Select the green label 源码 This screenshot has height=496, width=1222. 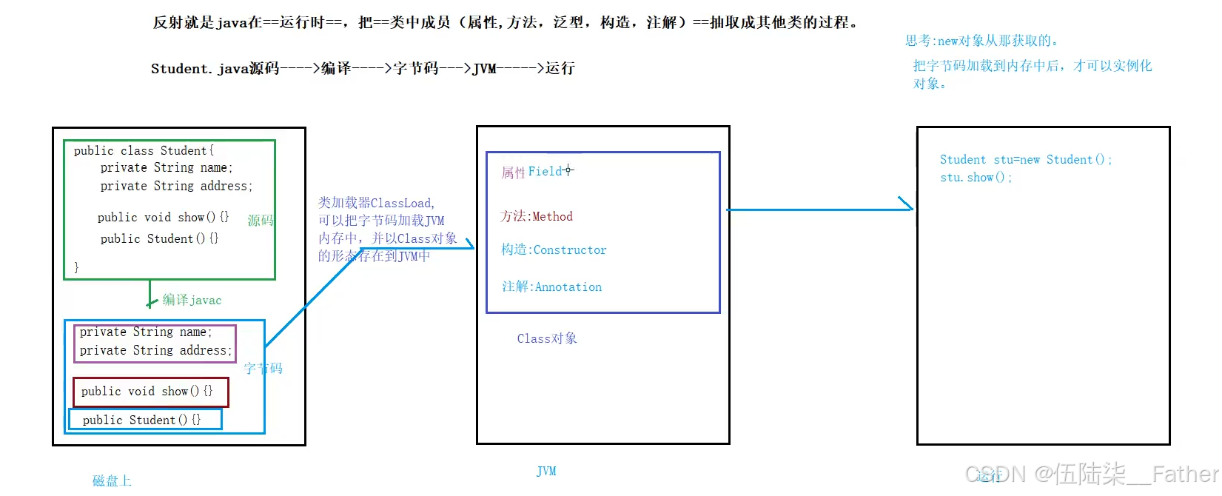260,221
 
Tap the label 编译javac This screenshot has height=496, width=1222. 192,300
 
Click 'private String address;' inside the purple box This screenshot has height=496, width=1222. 155,350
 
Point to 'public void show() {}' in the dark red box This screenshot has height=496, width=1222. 147,391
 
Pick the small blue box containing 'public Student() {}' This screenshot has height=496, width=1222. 145,420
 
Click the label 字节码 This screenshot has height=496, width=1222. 263,368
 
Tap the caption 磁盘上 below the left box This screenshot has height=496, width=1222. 112,480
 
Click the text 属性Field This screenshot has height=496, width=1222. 532,172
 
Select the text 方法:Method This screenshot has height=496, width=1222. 537,216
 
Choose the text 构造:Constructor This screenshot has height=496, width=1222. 554,250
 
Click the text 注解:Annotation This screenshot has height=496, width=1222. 551,286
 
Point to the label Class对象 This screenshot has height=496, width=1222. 547,338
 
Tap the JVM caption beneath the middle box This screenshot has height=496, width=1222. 546,471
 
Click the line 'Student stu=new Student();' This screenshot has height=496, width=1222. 1025,159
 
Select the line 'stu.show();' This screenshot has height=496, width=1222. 976,178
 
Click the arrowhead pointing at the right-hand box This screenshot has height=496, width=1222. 907,205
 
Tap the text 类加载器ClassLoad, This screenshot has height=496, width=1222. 376,203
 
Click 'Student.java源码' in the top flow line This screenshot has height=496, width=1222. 215,68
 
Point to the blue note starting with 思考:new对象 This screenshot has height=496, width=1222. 981,41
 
